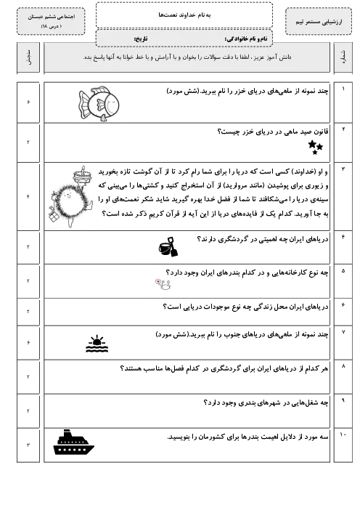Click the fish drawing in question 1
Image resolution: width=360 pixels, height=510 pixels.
pyautogui.click(x=99, y=104)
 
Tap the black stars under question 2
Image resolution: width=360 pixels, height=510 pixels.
pyautogui.click(x=315, y=147)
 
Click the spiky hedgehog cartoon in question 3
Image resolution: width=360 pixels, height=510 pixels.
pyautogui.click(x=71, y=197)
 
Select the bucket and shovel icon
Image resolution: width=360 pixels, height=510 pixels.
pyautogui.click(x=168, y=247)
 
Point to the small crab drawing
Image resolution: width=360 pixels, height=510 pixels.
pyautogui.click(x=163, y=284)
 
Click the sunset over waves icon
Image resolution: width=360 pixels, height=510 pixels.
pyautogui.click(x=97, y=344)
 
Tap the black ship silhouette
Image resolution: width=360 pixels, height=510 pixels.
pyautogui.click(x=73, y=442)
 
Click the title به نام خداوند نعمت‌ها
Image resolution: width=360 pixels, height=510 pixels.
pyautogui.click(x=184, y=15)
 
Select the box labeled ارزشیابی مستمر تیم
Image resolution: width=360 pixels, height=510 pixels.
pyautogui.click(x=319, y=22)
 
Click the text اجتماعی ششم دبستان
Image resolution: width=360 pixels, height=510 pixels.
pyautogui.click(x=52, y=17)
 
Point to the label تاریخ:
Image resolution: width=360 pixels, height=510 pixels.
pyautogui.click(x=141, y=39)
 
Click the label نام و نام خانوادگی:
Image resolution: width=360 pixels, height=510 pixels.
pyautogui.click(x=246, y=39)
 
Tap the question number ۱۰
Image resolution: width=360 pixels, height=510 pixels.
pyautogui.click(x=343, y=435)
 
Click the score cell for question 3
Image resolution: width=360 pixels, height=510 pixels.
pyautogui.click(x=28, y=197)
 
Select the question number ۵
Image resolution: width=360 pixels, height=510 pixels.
pyautogui.click(x=343, y=271)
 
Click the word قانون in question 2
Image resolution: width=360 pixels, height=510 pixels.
pyautogui.click(x=319, y=131)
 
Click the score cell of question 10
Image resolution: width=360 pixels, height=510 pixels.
pyautogui.click(x=28, y=445)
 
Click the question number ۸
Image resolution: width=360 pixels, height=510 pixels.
pyautogui.click(x=343, y=366)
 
